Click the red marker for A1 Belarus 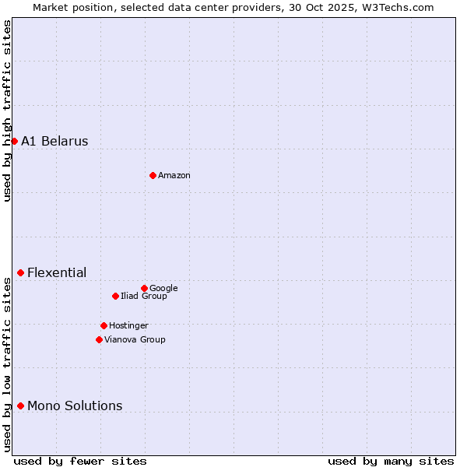coord(14,141)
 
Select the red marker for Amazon coord(153,175)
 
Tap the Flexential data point coord(20,272)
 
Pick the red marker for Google coord(144,288)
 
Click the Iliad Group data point coord(115,296)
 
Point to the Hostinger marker coord(104,325)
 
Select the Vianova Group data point coord(99,339)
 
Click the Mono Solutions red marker coord(20,406)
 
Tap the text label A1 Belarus coord(54,141)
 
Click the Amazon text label coord(174,176)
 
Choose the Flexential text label coord(57,272)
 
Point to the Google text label coord(163,288)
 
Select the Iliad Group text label coord(144,296)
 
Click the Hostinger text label coord(128,325)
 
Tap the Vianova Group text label coord(135,339)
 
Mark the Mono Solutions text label coord(75,406)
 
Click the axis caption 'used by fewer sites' coord(80,461)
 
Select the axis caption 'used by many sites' coord(391,461)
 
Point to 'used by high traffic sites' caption coord(7,111)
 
